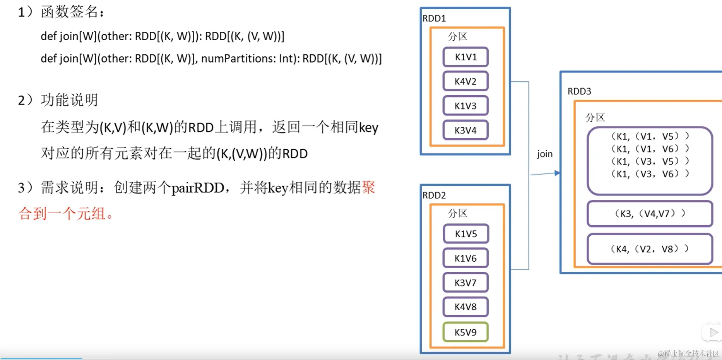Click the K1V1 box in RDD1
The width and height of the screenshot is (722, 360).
click(x=465, y=57)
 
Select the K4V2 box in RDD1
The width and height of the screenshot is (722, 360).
click(x=465, y=81)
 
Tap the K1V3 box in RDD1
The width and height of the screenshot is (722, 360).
click(x=465, y=106)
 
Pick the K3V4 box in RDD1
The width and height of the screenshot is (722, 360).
click(x=465, y=130)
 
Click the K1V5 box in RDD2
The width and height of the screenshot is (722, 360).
click(x=466, y=234)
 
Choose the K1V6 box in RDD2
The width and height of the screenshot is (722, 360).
click(x=465, y=258)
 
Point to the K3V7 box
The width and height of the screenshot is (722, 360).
click(x=465, y=283)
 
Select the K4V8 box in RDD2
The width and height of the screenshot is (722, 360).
click(x=465, y=307)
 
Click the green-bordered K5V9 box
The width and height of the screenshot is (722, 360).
click(x=465, y=332)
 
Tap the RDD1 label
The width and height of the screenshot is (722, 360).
click(x=434, y=18)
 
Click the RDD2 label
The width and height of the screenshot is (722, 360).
click(x=434, y=195)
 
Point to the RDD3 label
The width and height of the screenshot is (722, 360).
click(x=579, y=91)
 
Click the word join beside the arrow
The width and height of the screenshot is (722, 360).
click(x=545, y=154)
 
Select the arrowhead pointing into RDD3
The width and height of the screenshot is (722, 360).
click(x=557, y=173)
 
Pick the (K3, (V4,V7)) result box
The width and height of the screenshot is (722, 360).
click(x=650, y=214)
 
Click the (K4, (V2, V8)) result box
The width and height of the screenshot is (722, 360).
click(x=650, y=249)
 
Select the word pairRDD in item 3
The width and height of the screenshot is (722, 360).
click(x=198, y=188)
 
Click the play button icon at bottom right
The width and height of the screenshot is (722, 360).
click(x=713, y=332)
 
